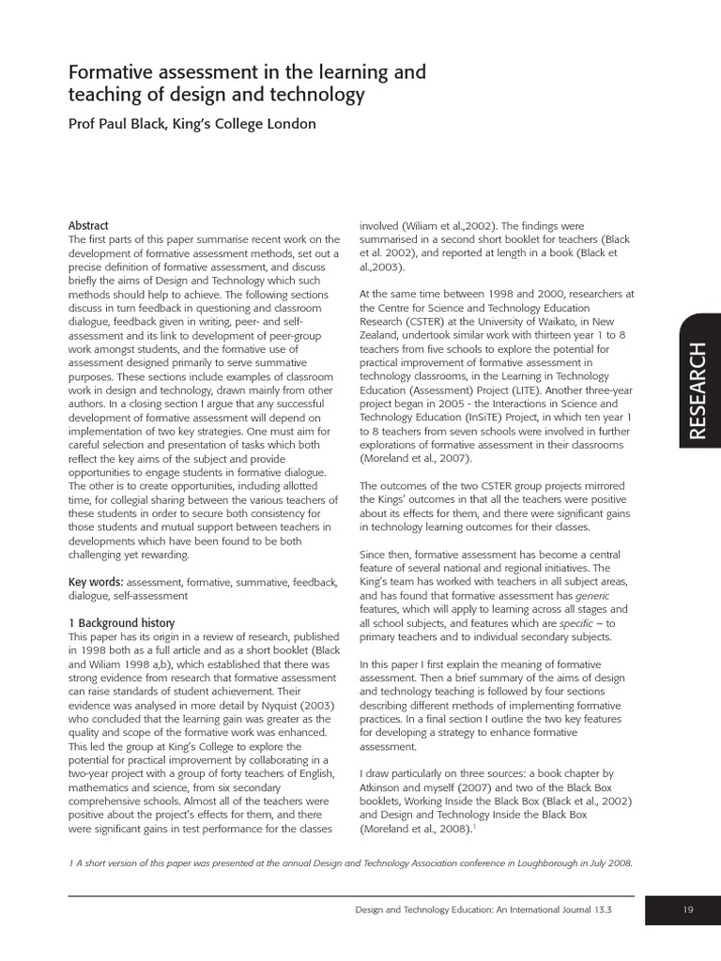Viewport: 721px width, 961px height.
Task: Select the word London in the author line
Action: (x=287, y=124)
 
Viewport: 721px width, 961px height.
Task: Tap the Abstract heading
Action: (x=88, y=226)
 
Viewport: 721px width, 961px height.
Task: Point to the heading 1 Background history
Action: (x=122, y=623)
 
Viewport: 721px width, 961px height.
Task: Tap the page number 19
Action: (x=688, y=909)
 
